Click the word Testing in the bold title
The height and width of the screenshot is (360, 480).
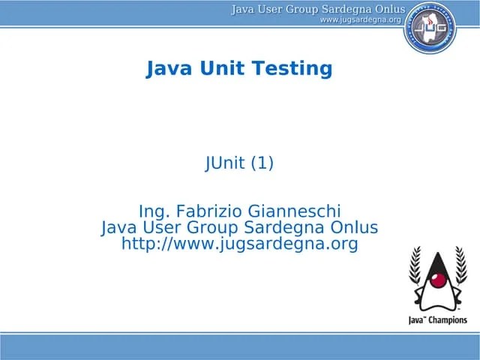click(x=292, y=69)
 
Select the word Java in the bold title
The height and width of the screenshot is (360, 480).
click(x=169, y=69)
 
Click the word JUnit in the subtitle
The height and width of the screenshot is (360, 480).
click(x=225, y=163)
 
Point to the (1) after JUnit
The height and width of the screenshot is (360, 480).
click(x=262, y=163)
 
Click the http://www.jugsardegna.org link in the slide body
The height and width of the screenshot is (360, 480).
click(x=239, y=244)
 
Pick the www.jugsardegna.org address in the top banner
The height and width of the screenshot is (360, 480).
click(x=360, y=19)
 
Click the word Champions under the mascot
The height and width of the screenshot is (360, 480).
click(x=448, y=319)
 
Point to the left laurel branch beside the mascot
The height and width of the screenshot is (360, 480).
click(x=415, y=277)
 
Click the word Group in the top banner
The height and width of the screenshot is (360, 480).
click(x=298, y=9)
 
